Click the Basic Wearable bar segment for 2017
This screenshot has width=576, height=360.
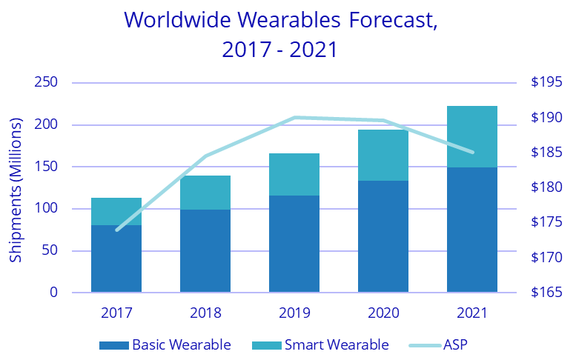(116, 259)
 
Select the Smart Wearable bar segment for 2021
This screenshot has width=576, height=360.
(472, 137)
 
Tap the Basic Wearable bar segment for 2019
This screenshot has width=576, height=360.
(294, 244)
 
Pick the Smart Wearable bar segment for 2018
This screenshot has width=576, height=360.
(205, 193)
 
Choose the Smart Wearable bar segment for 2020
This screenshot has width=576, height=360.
(383, 156)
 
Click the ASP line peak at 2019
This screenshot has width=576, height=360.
(294, 117)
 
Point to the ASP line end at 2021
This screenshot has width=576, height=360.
(472, 153)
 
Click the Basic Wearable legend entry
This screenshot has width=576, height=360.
(165, 344)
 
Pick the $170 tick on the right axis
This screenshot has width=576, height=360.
(546, 258)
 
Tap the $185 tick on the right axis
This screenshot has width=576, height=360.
(546, 153)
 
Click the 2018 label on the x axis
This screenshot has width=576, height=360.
(205, 313)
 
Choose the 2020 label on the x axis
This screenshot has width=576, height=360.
(383, 313)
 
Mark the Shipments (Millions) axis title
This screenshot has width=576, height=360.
(16, 189)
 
